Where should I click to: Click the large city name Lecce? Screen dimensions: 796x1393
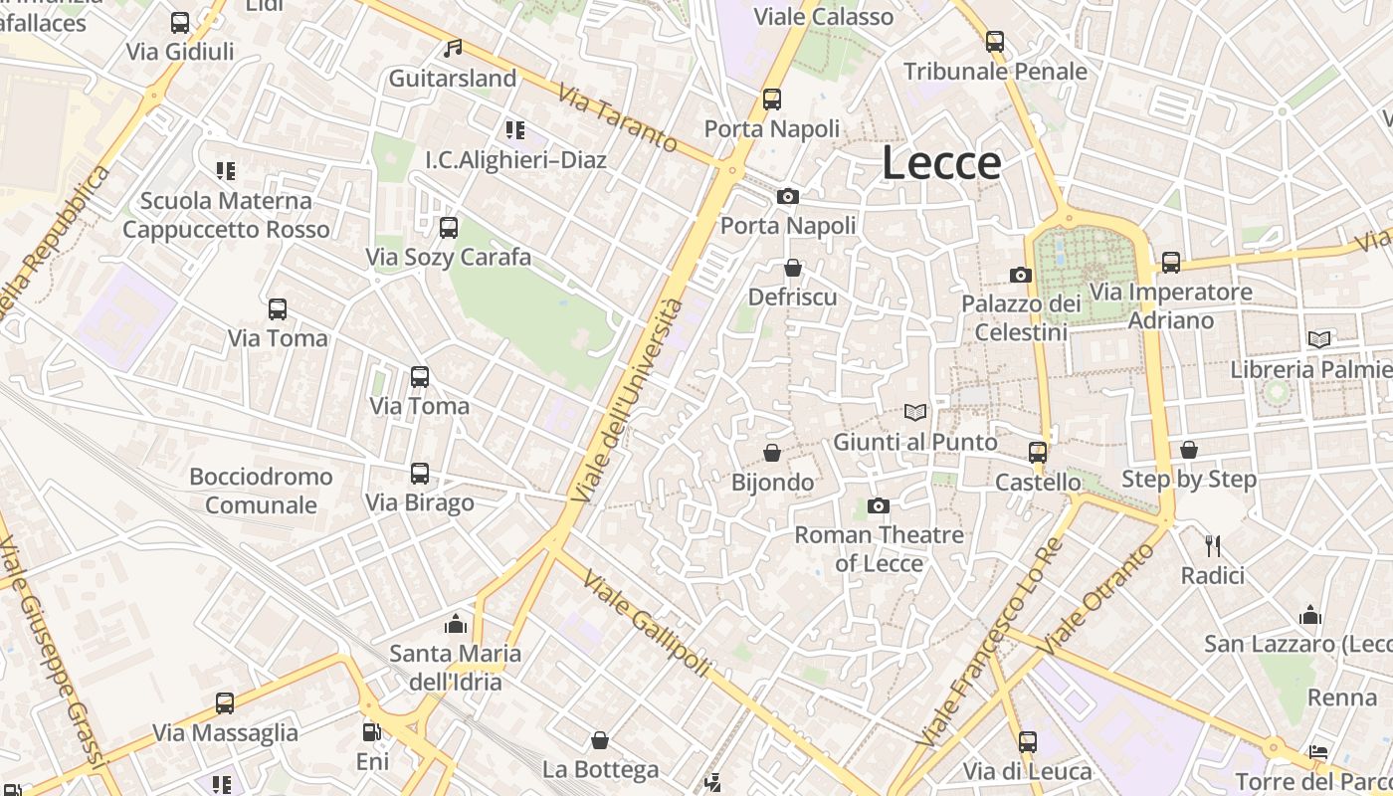click(x=941, y=164)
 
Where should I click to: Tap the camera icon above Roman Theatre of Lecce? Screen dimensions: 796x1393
click(x=878, y=506)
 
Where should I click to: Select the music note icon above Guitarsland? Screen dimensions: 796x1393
click(x=453, y=48)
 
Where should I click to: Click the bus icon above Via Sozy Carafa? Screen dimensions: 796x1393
click(x=449, y=228)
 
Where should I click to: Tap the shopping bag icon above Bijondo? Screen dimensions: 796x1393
click(x=771, y=454)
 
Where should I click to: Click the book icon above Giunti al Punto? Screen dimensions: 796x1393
click(x=915, y=412)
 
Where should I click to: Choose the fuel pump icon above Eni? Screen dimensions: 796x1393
click(x=371, y=732)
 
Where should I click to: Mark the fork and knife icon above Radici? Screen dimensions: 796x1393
click(x=1212, y=546)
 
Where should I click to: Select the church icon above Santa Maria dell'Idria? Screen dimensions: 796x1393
click(x=456, y=624)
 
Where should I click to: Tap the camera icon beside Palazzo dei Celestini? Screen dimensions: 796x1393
click(x=1020, y=275)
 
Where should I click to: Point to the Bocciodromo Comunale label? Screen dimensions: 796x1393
click(x=261, y=491)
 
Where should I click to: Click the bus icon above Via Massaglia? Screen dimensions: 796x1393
click(x=225, y=703)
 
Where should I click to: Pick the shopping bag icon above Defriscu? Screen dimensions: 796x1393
click(x=792, y=268)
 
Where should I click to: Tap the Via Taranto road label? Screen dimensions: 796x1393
click(x=618, y=118)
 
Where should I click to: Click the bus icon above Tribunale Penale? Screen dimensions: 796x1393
click(x=995, y=42)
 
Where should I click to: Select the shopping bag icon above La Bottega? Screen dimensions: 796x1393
click(x=600, y=740)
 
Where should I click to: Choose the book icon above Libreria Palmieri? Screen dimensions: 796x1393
click(x=1319, y=340)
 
